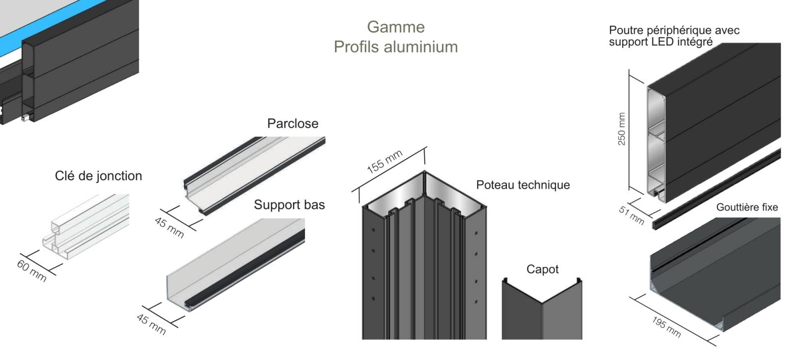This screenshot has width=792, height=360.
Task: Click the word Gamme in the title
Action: [x=396, y=27]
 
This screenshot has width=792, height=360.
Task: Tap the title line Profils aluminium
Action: [x=396, y=47]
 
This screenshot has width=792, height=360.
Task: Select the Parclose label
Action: [x=293, y=123]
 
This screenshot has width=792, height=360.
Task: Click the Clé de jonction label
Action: [x=99, y=176]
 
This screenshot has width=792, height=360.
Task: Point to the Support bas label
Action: [x=289, y=205]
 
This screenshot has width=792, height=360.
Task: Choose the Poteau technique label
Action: [x=523, y=185]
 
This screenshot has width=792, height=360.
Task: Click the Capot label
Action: [x=542, y=269]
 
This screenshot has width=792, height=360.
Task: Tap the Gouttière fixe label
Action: [x=746, y=207]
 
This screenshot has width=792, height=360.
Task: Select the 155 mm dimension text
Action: [x=385, y=161]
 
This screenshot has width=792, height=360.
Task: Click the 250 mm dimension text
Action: [x=622, y=129]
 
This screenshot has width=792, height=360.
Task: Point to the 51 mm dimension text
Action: [x=631, y=215]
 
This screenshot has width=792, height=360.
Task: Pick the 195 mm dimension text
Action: [x=666, y=327]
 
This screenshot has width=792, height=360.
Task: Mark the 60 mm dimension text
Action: [x=32, y=271]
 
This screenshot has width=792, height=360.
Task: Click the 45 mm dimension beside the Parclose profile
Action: [x=169, y=227]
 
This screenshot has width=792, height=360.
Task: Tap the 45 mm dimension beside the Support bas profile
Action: [x=151, y=323]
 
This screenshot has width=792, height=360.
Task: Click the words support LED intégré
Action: [x=660, y=42]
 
